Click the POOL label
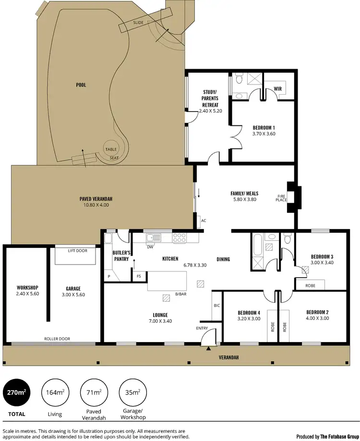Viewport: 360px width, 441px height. pos(81,85)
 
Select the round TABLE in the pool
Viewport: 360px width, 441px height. pos(111,149)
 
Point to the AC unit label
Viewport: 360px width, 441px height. pos(204,221)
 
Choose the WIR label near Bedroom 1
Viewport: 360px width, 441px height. pos(277,88)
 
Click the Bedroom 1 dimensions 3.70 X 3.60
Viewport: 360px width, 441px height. pos(264,134)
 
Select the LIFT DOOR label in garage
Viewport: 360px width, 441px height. pos(78,250)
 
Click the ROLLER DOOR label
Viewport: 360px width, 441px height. pos(57,339)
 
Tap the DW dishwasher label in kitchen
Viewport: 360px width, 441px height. pos(150,247)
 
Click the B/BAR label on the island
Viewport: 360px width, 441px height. pos(180,294)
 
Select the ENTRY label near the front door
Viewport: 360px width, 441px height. pos(202,328)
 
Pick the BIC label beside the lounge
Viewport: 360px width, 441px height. pos(216,305)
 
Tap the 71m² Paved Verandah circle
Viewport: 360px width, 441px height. pos(94,393)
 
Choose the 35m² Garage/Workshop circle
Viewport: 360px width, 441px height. pos(132,393)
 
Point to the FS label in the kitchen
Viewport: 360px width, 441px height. pos(139,276)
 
